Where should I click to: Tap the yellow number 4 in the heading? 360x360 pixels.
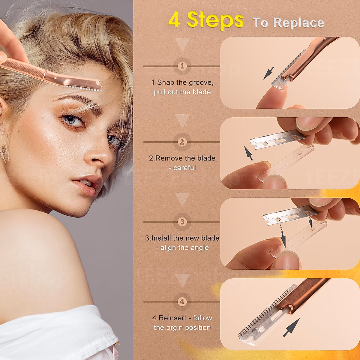click(x=174, y=20)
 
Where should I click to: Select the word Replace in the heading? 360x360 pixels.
click(x=298, y=23)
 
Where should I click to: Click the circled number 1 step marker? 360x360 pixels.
click(x=182, y=66)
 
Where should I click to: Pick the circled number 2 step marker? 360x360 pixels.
click(x=182, y=142)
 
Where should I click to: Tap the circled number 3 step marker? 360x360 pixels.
click(x=182, y=222)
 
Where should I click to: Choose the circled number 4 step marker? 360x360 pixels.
click(x=182, y=301)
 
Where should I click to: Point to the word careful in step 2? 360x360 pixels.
click(x=184, y=168)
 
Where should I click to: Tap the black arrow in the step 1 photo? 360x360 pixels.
click(x=268, y=73)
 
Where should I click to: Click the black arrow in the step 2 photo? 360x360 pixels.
click(x=248, y=153)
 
